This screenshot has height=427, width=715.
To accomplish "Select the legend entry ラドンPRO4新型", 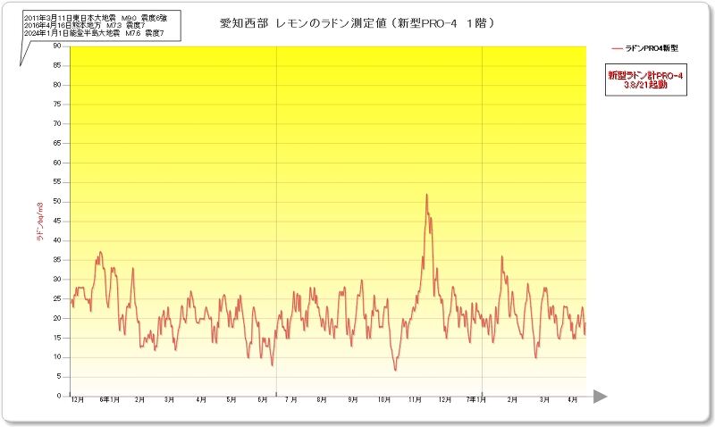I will (x=645, y=47).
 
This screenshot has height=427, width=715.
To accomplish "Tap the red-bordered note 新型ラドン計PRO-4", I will (x=645, y=81).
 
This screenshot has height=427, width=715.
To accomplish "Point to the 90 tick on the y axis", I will (x=57, y=46).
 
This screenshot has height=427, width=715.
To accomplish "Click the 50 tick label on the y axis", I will (x=57, y=201).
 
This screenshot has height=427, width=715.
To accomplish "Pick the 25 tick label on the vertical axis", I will (x=57, y=298).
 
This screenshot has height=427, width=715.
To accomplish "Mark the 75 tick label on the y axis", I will (x=57, y=104).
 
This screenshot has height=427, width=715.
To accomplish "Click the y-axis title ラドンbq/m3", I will (x=40, y=222).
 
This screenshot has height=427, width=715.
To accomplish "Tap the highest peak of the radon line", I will (x=426, y=195).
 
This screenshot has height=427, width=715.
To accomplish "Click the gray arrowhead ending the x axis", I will (x=600, y=396).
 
